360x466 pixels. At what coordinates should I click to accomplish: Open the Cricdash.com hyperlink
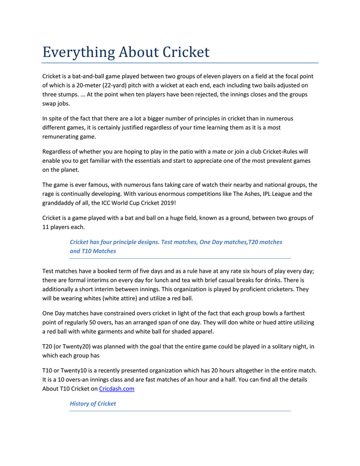coord(117,389)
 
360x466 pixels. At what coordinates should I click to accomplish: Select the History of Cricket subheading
coord(93,404)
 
